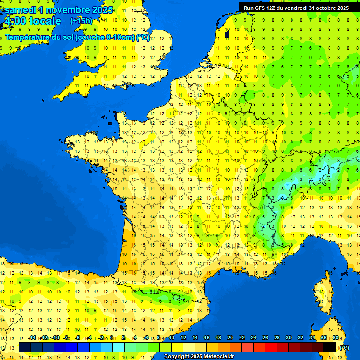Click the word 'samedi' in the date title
20,9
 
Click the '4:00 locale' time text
32,21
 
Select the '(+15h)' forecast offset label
81,21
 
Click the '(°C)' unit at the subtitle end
142,37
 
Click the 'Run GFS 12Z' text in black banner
260,8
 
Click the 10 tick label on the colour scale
172,338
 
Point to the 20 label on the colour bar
230,338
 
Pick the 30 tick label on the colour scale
288,338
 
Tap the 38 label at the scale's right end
335,338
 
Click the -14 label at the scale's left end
32,338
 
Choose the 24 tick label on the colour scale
254,338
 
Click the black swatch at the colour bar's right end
330,347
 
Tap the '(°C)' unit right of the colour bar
344,347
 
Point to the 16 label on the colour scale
207,338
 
